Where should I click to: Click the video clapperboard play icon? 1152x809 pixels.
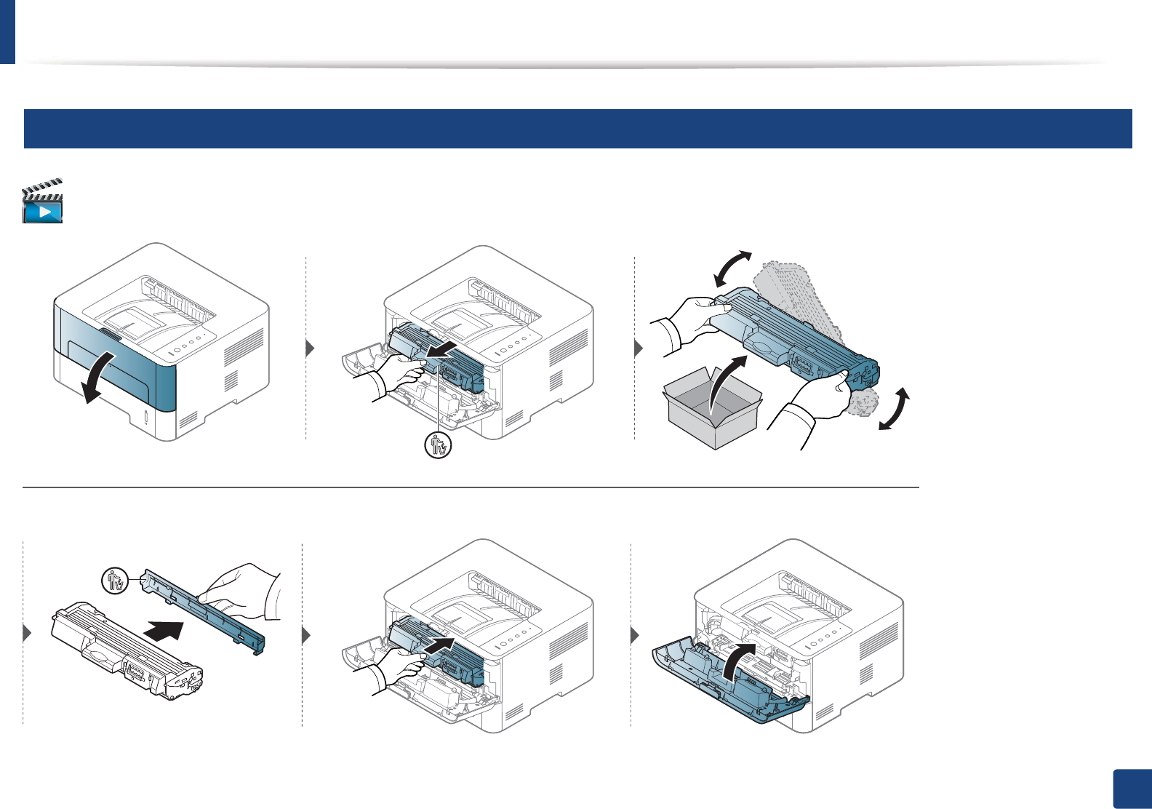coord(43,201)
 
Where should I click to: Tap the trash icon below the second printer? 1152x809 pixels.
coord(438,445)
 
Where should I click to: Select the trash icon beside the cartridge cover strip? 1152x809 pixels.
coord(115,581)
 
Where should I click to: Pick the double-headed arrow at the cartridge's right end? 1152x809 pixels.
coord(895,409)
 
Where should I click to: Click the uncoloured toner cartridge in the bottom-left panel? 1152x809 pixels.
coord(127,651)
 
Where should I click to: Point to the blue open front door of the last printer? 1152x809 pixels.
coord(727,684)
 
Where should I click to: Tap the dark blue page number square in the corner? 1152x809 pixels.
coord(1132,789)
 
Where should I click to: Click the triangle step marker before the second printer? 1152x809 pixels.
coord(311,348)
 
